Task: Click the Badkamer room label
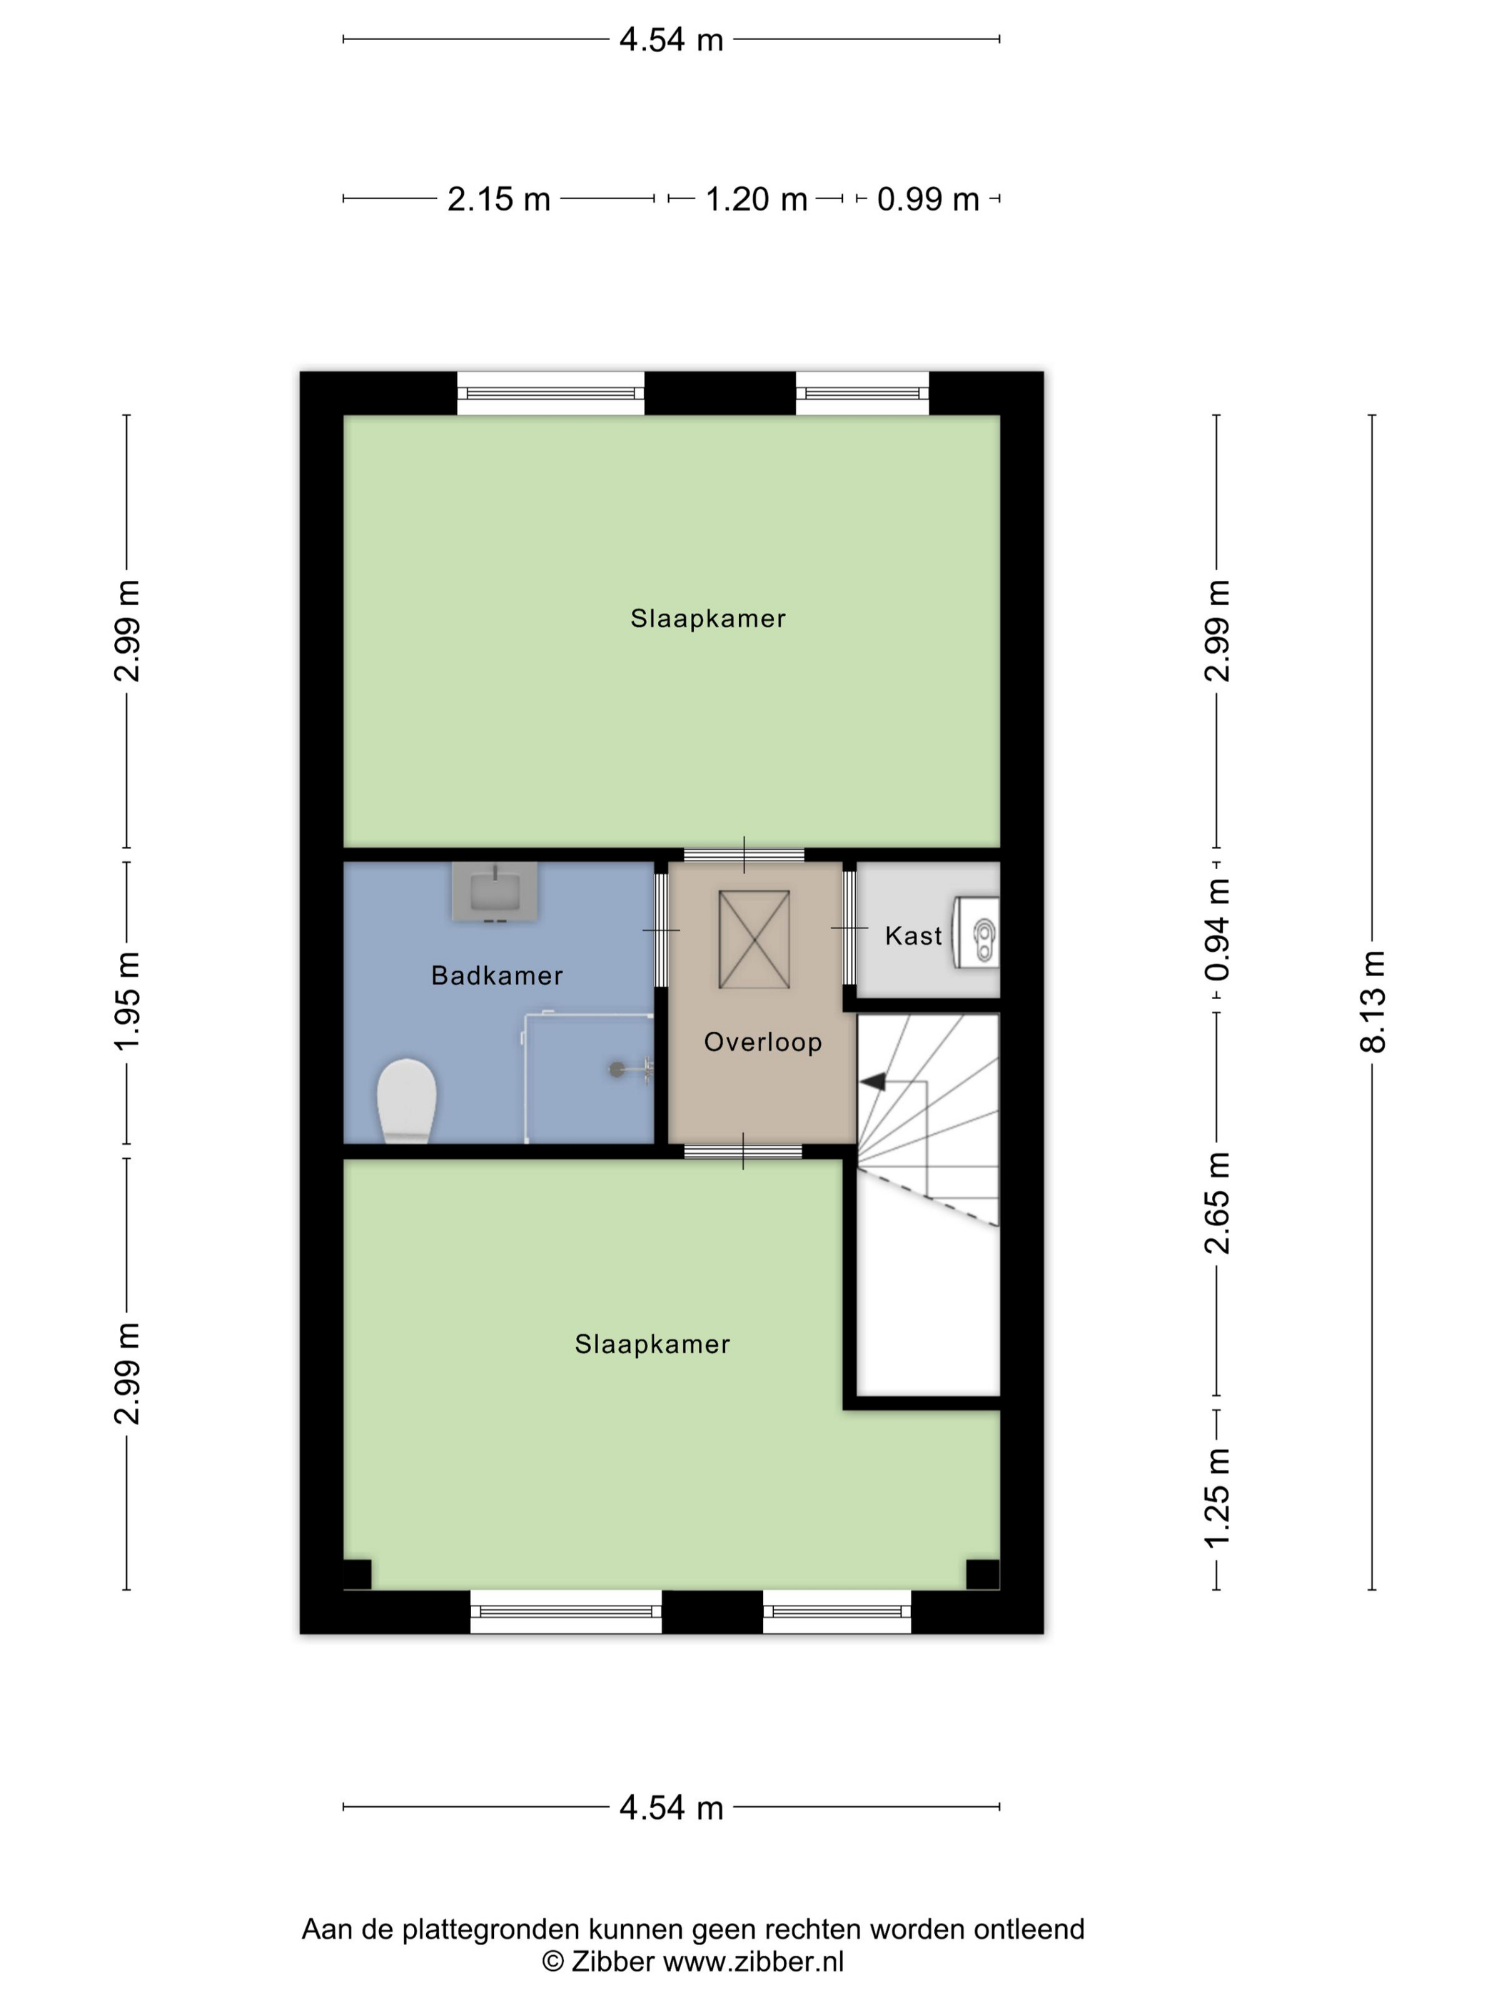[x=497, y=975]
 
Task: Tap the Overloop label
[x=762, y=1043]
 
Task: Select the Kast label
[x=914, y=935]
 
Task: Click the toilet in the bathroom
[x=407, y=1101]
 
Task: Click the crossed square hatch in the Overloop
[x=754, y=939]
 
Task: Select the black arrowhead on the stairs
[x=872, y=1081]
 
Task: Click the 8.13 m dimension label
[x=1372, y=1002]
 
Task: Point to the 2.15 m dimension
[x=499, y=198]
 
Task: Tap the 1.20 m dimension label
[x=756, y=198]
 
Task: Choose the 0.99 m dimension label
[x=928, y=198]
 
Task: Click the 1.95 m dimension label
[x=126, y=1002]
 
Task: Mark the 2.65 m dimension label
[x=1217, y=1204]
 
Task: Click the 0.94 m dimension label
[x=1217, y=930]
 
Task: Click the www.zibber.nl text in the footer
[x=754, y=1961]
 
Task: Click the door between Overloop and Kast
[x=849, y=928]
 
